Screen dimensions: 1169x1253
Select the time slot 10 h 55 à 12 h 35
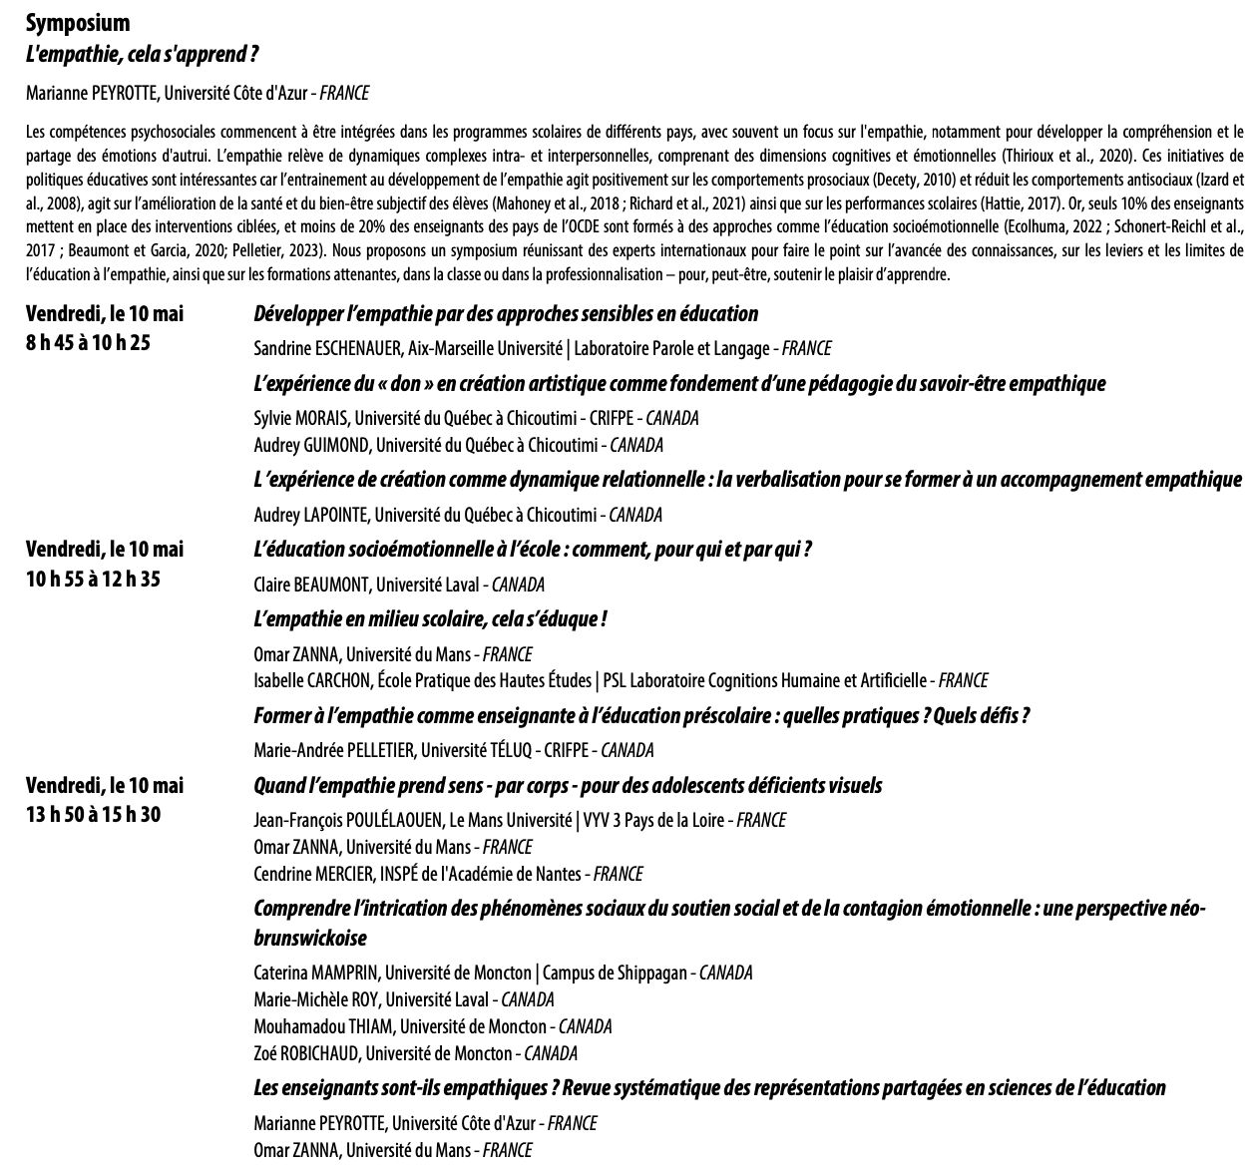point(93,581)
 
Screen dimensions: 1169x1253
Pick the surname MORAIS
point(316,418)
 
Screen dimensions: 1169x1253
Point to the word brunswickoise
point(310,939)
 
